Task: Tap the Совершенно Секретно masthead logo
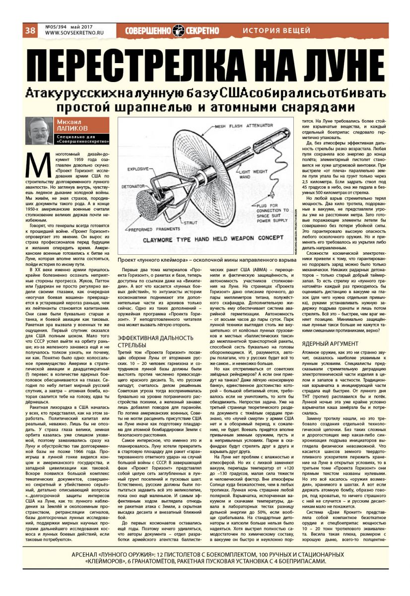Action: [x=172, y=31]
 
